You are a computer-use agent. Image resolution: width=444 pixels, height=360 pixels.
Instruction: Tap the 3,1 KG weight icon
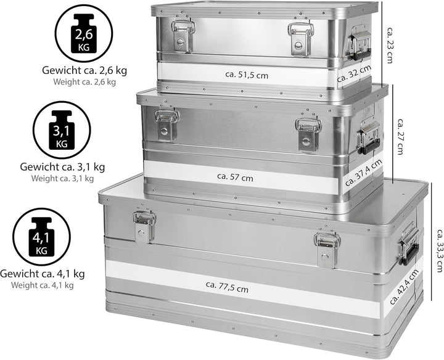pyautogui.click(x=61, y=131)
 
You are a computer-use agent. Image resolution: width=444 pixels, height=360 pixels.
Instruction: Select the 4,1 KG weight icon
pyautogui.click(x=41, y=236)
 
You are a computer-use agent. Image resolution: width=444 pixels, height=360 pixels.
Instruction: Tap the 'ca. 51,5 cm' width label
pyautogui.click(x=247, y=75)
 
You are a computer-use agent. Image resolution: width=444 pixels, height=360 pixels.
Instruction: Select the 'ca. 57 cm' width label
pyautogui.click(x=235, y=177)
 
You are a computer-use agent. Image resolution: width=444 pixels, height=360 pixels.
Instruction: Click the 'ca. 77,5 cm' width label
pyautogui.click(x=228, y=287)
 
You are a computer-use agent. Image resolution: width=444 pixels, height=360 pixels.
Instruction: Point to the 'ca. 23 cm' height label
pyautogui.click(x=390, y=44)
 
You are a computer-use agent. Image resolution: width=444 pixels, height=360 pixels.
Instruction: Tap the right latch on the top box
pyautogui.click(x=300, y=38)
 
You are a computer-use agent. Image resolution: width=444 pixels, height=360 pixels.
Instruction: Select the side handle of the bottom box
pyautogui.click(x=408, y=244)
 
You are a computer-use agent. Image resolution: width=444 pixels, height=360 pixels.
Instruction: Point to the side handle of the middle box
pyautogui.click(x=369, y=137)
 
